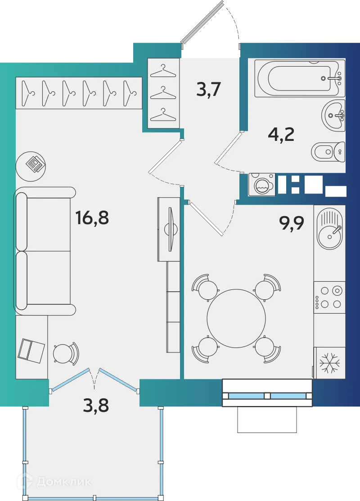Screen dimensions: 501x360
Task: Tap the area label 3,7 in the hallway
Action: coord(208,90)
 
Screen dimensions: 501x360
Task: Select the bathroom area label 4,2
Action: coord(281,135)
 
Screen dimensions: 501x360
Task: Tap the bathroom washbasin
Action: coord(333,115)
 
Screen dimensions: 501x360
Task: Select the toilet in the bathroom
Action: coord(328,152)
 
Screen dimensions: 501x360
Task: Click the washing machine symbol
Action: coord(261,185)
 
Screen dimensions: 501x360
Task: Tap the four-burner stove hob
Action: coord(329,297)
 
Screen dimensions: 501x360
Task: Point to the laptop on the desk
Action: coord(31,350)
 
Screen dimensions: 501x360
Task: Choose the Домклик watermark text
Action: coord(63,482)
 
